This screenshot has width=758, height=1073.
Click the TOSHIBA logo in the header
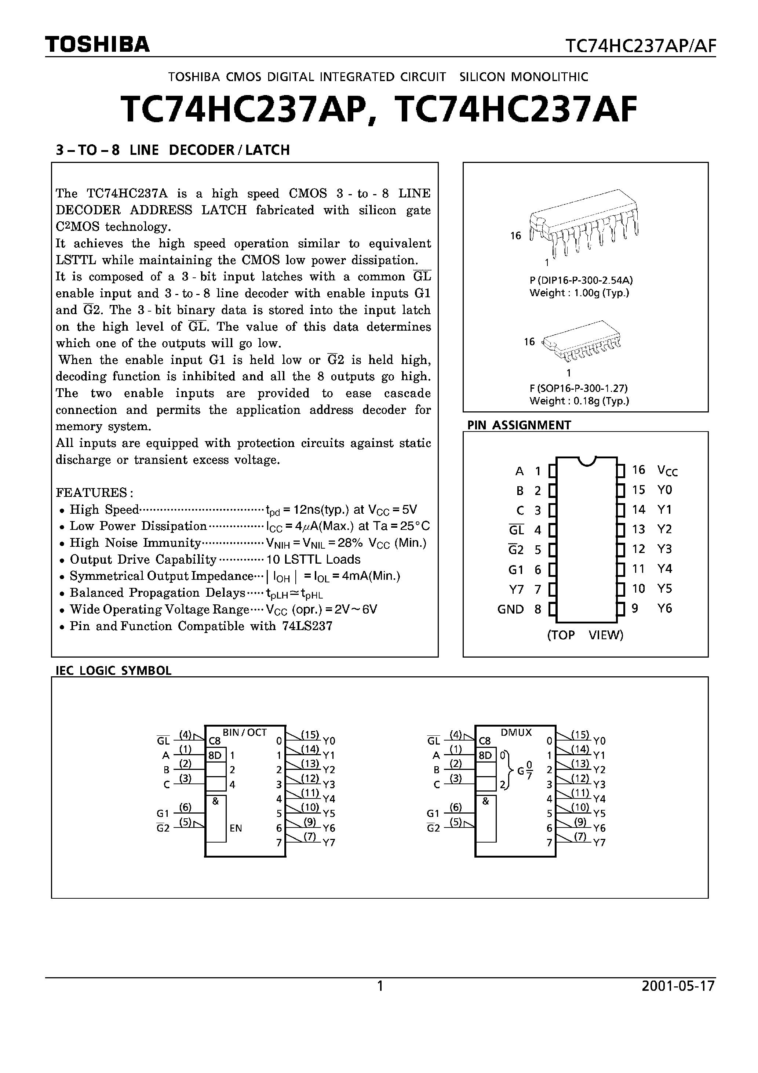coord(97,44)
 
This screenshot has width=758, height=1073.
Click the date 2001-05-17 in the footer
coord(678,986)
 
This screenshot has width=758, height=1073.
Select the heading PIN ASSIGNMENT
coord(519,425)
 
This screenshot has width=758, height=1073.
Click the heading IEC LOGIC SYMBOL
coord(114,670)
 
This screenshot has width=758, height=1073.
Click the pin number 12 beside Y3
coord(638,549)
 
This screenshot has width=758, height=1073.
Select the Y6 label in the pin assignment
coord(664,608)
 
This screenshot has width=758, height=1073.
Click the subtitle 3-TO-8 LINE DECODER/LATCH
coord(172,150)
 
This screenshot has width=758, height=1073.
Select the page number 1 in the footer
coord(380,986)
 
